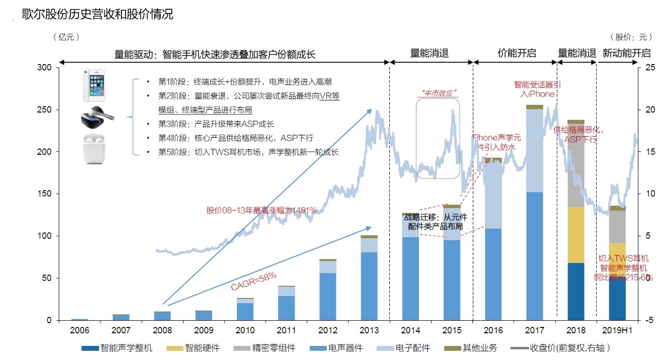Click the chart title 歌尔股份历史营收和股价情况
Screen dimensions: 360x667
(x=97, y=14)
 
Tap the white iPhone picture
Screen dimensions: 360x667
(x=95, y=85)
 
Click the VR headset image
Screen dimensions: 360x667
(x=97, y=116)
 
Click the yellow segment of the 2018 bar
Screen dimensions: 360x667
(x=576, y=235)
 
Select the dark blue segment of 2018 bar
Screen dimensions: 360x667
(x=576, y=291)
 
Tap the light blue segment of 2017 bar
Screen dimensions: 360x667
(x=534, y=150)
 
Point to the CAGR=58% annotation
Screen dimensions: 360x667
(x=253, y=281)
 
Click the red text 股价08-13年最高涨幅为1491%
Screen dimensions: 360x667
(x=261, y=211)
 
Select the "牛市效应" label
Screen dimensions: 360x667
(x=438, y=93)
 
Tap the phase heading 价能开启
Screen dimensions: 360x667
(x=517, y=53)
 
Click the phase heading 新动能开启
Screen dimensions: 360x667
(x=626, y=53)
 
